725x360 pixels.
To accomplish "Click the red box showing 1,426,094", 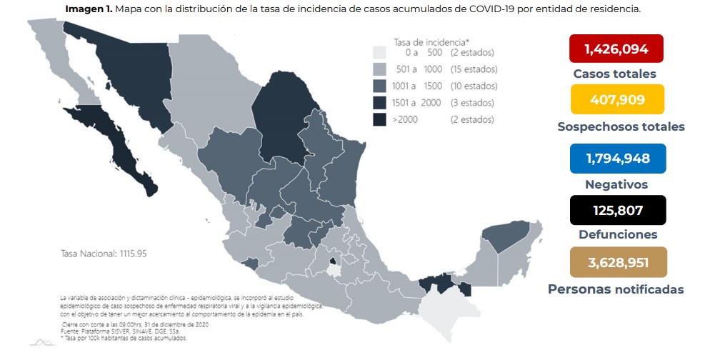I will coord(616,49).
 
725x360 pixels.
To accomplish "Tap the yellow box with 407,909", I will coord(617,99).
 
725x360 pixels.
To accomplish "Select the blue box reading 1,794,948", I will coord(617,158).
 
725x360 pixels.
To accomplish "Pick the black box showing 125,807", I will coord(617,210).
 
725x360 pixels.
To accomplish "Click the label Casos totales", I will coord(614,74).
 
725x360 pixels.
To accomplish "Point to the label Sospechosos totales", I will coord(621,126).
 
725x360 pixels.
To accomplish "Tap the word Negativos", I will coord(616,184).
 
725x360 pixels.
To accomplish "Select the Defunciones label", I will coord(616,234).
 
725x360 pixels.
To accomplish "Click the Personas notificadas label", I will coord(616,289).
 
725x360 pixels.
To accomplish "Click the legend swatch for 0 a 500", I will coord(379,53).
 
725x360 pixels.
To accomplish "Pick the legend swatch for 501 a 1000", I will coord(379,69).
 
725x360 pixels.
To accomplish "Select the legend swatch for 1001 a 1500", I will coord(379,86).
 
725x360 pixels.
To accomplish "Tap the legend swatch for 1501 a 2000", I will coord(379,103).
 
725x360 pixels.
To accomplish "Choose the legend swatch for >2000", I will coord(379,119).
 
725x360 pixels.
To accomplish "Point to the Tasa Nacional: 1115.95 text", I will coord(104,254).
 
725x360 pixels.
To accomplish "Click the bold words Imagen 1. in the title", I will coord(89,9).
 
